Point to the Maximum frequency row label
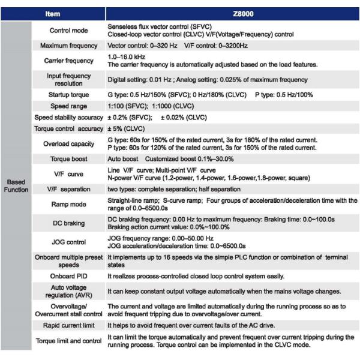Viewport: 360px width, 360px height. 68,46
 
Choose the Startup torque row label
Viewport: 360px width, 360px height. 68,95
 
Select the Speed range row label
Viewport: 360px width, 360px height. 68,106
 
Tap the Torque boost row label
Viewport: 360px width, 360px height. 68,159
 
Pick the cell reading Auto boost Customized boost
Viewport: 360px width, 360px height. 170,159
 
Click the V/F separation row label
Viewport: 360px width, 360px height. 68,189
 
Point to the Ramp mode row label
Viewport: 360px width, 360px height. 68,205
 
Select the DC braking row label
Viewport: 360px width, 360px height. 68,223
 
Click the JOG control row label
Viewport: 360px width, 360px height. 68,242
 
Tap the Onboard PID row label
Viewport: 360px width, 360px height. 68,276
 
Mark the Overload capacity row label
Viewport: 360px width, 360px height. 68,144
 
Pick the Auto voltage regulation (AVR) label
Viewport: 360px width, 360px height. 68,292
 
